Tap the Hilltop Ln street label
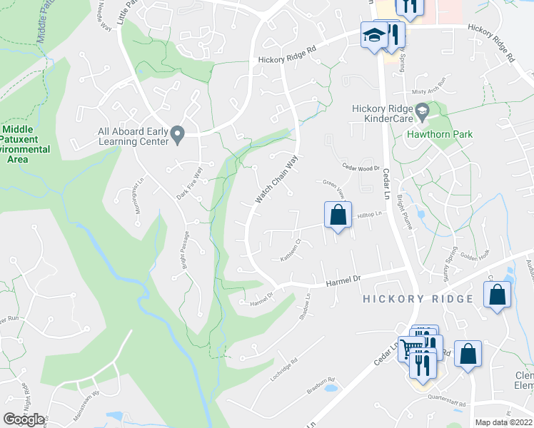371,214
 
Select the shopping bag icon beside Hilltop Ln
338,215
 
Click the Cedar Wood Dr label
361,169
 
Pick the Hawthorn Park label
440,133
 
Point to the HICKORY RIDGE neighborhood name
418,299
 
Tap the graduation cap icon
373,35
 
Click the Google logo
24,419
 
